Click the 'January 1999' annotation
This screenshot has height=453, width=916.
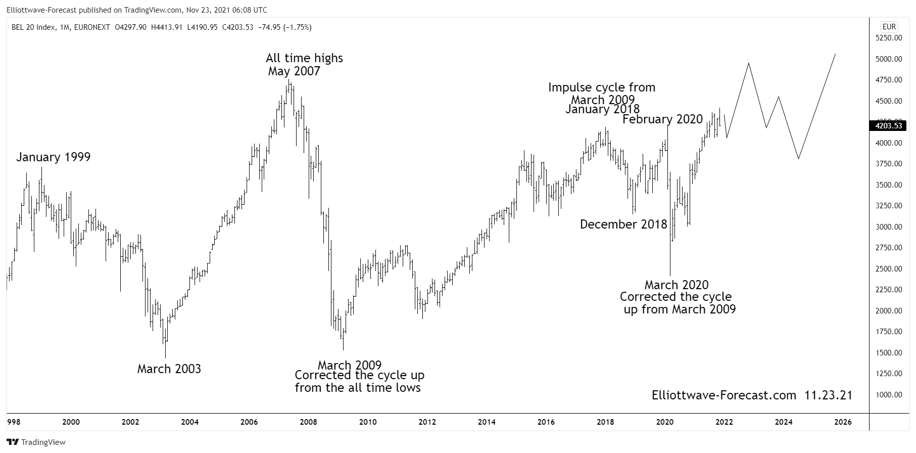53,157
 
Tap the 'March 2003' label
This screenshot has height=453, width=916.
169,369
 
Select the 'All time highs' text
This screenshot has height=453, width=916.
304,58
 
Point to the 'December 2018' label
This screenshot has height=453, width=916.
623,224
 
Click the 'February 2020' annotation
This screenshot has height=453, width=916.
662,119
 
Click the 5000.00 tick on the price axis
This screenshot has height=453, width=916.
889,59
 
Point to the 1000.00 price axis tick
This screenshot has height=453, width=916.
889,394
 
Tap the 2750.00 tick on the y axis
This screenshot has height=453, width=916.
889,248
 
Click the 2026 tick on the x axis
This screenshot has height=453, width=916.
843,422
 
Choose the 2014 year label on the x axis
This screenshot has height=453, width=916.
487,422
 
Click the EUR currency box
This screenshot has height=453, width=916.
889,27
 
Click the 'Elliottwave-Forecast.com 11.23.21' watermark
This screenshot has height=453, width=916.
752,395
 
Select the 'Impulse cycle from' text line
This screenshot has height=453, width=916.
602,87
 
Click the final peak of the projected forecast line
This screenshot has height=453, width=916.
835,54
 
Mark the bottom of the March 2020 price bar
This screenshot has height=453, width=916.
670,276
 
